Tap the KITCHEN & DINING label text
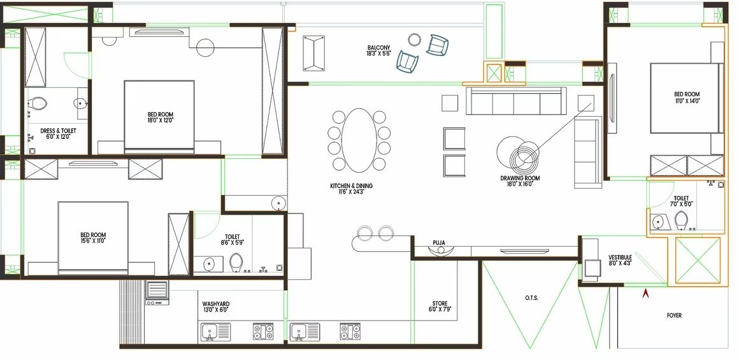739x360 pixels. pyautogui.click(x=351, y=186)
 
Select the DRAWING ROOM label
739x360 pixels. pyautogui.click(x=520, y=178)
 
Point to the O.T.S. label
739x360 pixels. pyautogui.click(x=531, y=298)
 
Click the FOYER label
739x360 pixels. pyautogui.click(x=674, y=315)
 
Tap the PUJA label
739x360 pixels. pyautogui.click(x=439, y=243)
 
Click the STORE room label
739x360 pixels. pyautogui.click(x=440, y=303)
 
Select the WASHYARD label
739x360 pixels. pyautogui.click(x=215, y=304)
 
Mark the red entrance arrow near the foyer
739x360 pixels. pyautogui.click(x=646, y=293)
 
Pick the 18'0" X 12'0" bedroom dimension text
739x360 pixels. pyautogui.click(x=161, y=120)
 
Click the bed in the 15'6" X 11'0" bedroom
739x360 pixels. pyautogui.click(x=93, y=238)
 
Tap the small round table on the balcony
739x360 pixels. pyautogui.click(x=414, y=40)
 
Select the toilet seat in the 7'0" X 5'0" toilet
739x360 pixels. pyautogui.click(x=681, y=220)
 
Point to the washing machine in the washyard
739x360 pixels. pyautogui.click(x=157, y=292)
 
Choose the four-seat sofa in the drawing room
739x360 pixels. pyautogui.click(x=517, y=101)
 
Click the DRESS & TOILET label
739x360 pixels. pyautogui.click(x=58, y=131)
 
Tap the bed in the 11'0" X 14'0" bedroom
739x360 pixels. pyautogui.click(x=685, y=98)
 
